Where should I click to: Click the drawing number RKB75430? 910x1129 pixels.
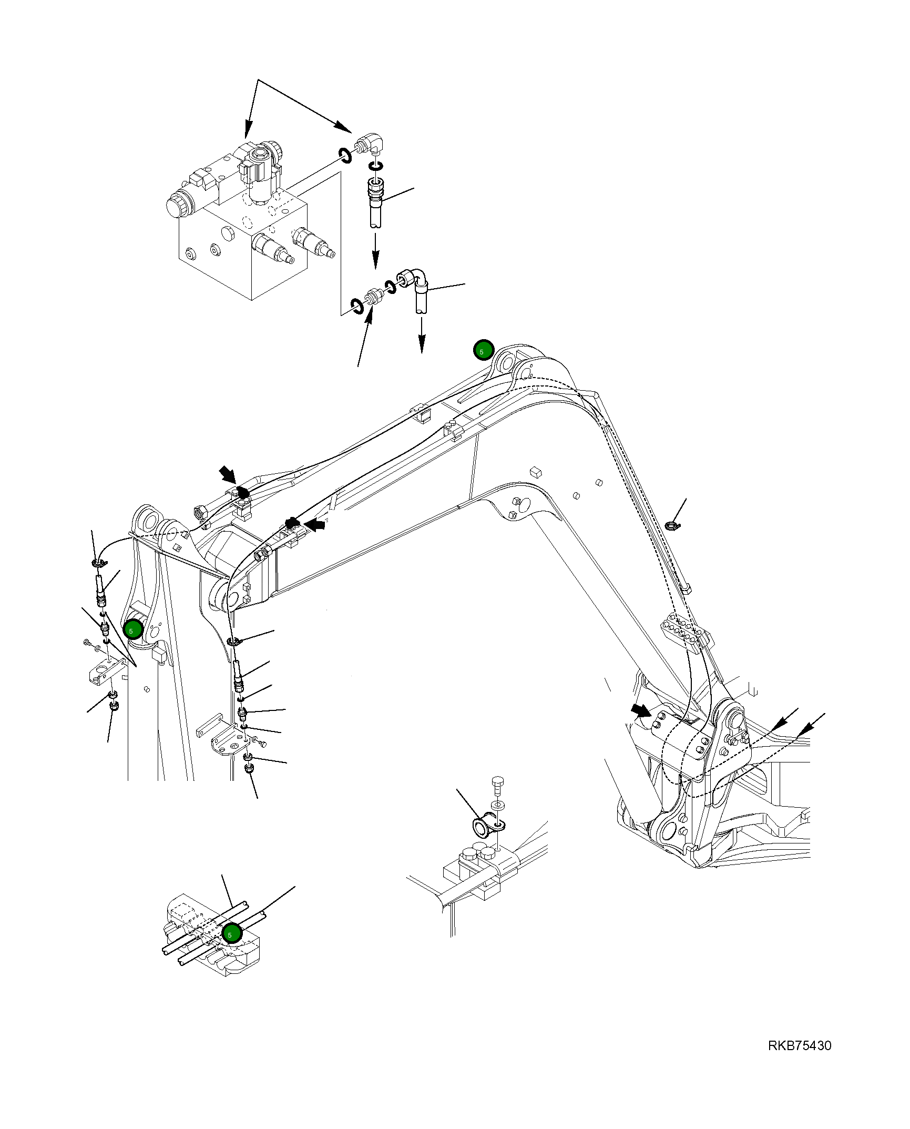(799, 1045)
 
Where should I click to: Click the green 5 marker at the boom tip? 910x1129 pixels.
(483, 350)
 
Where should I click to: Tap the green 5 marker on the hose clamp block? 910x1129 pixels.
(231, 933)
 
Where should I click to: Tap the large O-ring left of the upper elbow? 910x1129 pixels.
(345, 155)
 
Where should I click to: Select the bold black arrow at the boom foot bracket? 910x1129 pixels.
(641, 711)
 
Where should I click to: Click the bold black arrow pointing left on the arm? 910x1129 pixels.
(315, 524)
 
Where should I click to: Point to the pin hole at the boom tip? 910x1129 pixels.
(506, 362)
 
